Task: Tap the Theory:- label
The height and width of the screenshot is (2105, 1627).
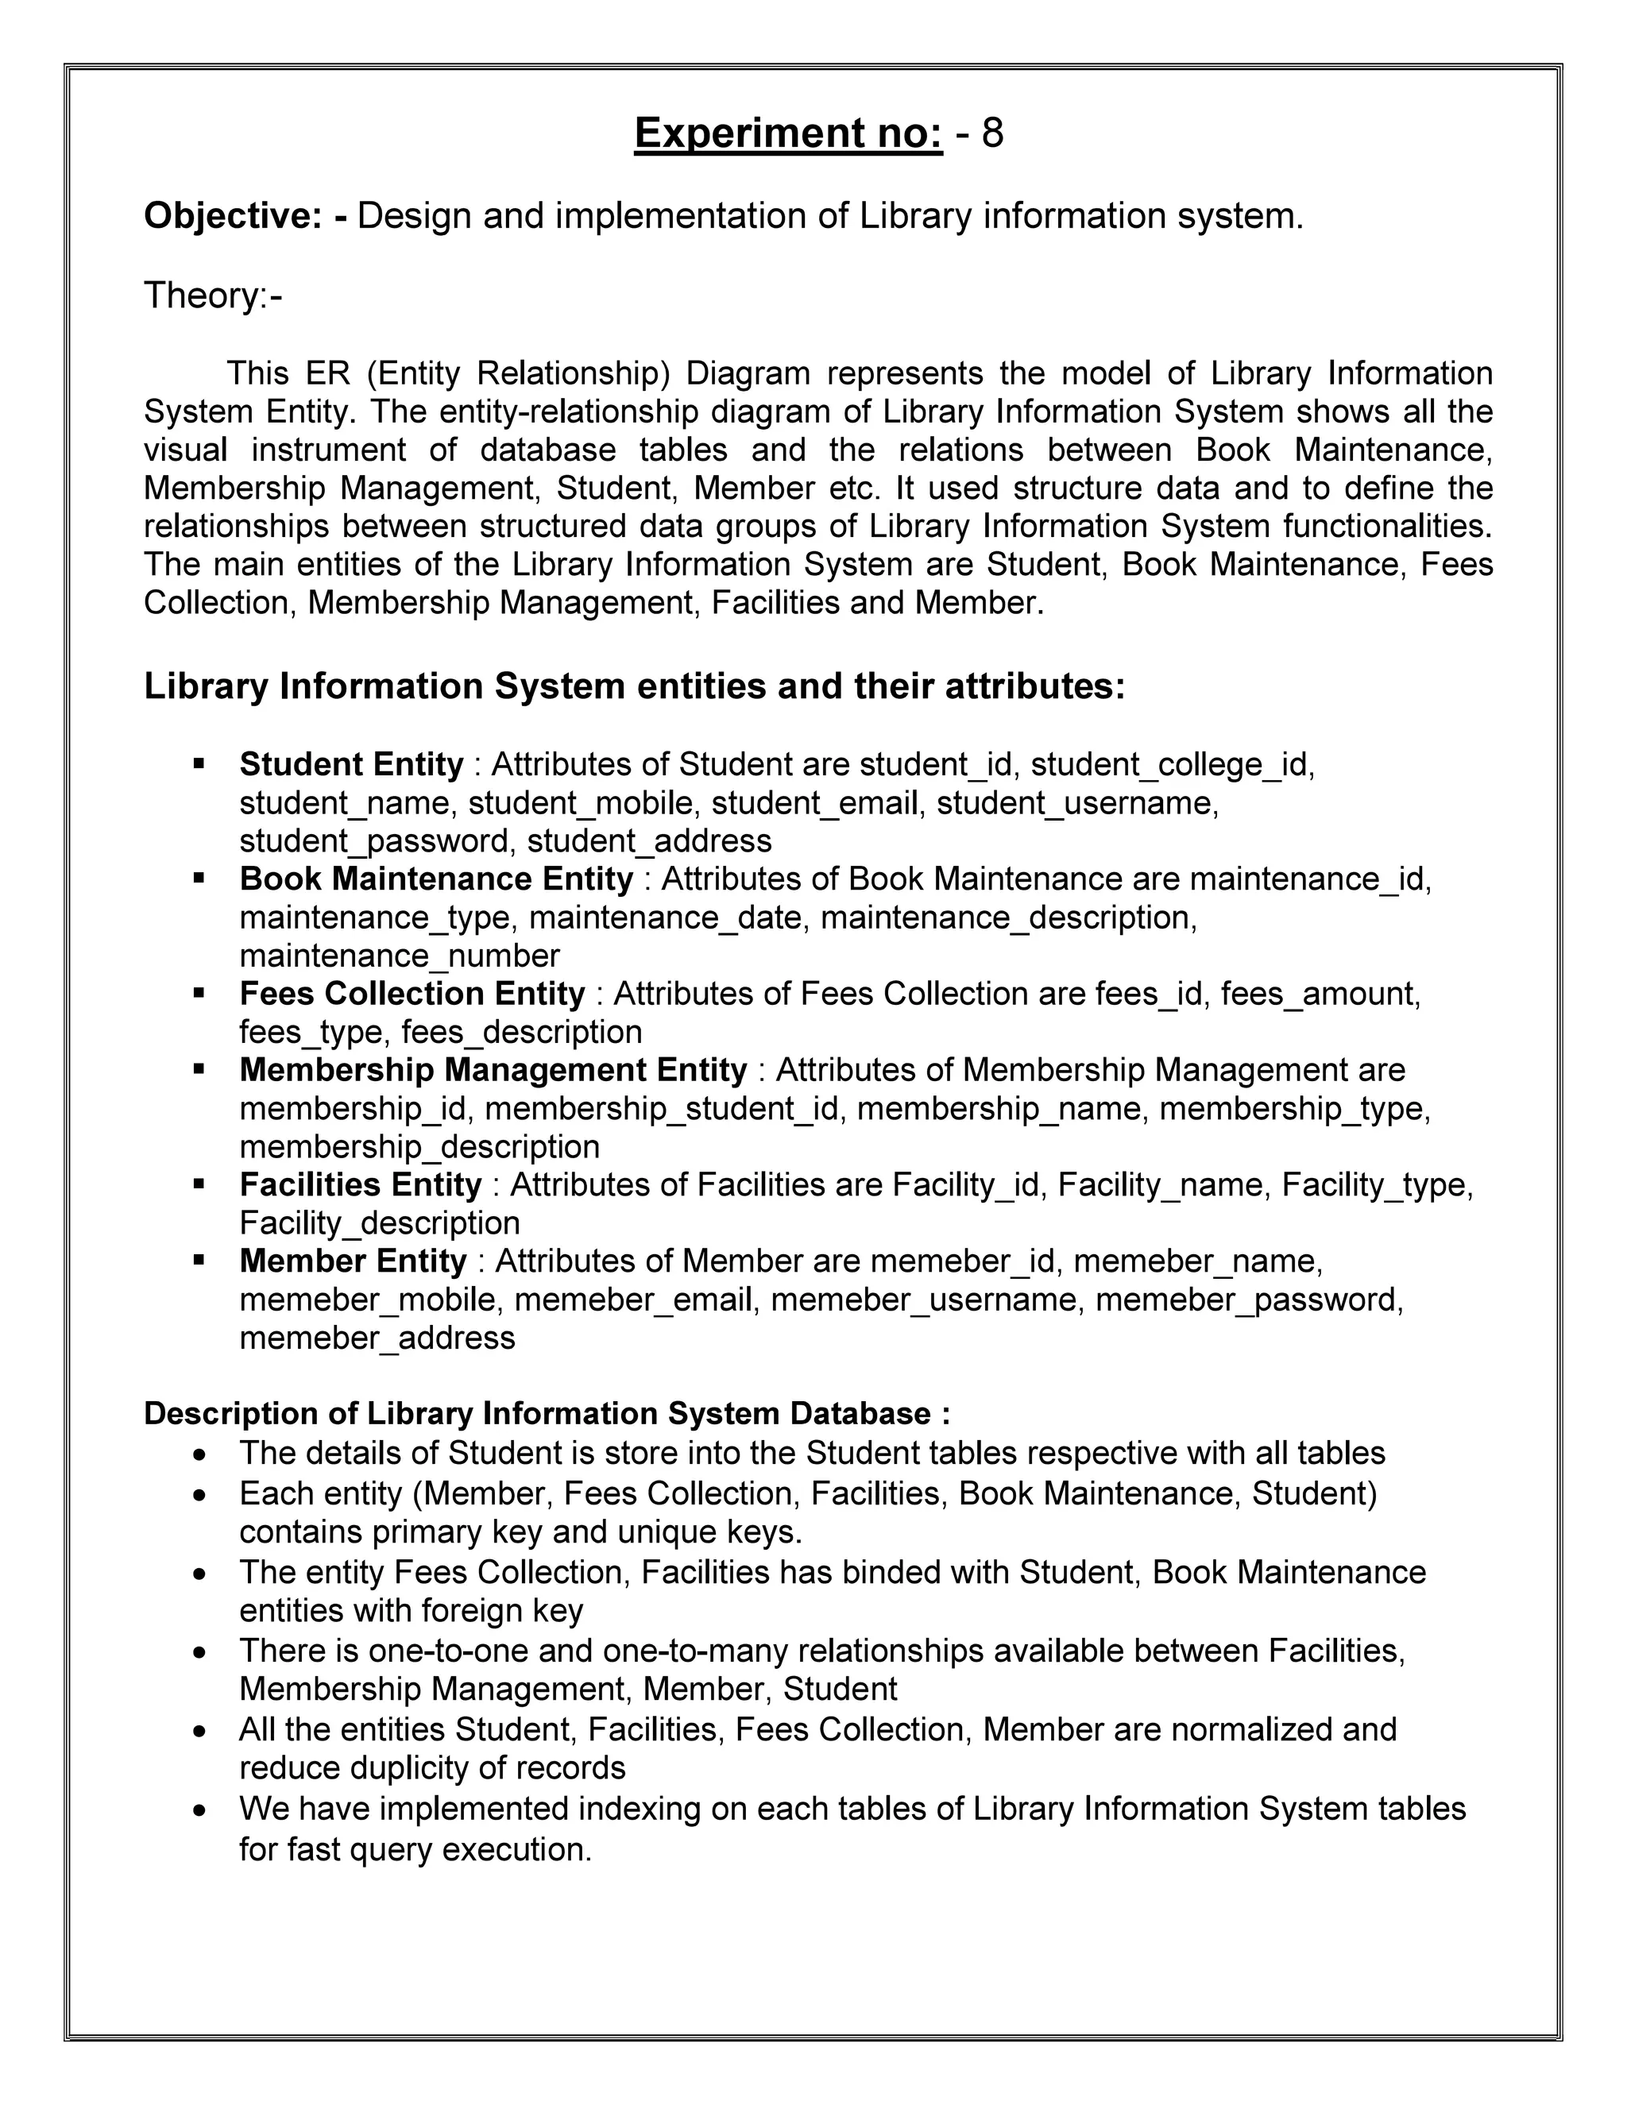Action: coord(213,295)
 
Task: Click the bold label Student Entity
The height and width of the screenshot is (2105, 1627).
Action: coord(351,764)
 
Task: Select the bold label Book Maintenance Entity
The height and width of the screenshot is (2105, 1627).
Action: coord(435,879)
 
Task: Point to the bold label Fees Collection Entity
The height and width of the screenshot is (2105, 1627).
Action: coord(412,993)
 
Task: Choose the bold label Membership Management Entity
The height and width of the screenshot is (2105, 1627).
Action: coord(493,1070)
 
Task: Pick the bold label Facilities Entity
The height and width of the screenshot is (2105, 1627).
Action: coord(360,1184)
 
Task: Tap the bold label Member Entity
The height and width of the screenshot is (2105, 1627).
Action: coord(353,1261)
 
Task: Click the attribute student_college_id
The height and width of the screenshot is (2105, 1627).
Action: coord(1171,764)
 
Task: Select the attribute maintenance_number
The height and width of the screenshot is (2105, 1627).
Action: coord(399,956)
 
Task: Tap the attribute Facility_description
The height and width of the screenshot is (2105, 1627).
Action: coord(379,1223)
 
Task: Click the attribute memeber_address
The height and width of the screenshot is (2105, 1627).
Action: coord(377,1338)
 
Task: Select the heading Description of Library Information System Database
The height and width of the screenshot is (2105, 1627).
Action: coord(547,1414)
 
